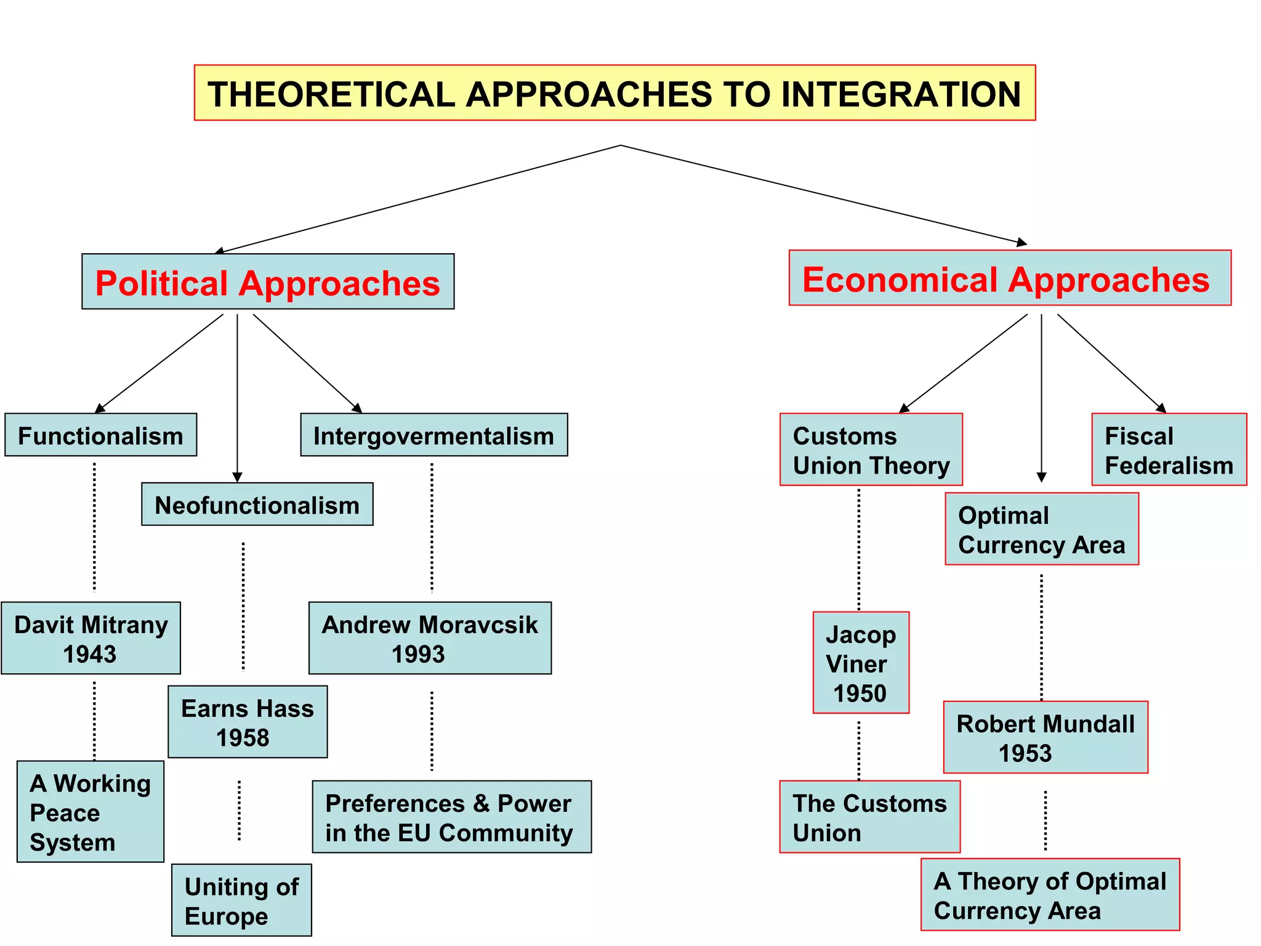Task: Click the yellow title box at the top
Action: click(614, 93)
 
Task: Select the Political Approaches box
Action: click(268, 281)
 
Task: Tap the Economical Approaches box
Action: click(1010, 278)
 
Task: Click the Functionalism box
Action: click(100, 435)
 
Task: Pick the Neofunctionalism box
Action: click(257, 504)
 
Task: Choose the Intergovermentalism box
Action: click(434, 435)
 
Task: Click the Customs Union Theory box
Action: click(871, 450)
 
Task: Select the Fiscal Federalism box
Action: click(1169, 450)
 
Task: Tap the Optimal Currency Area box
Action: click(1042, 529)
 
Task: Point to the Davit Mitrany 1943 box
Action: click(91, 638)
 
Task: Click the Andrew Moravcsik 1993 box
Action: click(430, 638)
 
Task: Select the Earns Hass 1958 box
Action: click(248, 722)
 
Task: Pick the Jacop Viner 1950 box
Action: click(861, 663)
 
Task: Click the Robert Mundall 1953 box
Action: click(1045, 737)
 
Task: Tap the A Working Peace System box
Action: click(91, 812)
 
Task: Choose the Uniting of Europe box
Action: click(241, 900)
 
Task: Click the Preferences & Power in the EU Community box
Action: click(451, 817)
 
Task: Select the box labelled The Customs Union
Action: click(869, 817)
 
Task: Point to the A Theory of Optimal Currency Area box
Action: click(1050, 895)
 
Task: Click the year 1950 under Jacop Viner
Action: click(860, 693)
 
